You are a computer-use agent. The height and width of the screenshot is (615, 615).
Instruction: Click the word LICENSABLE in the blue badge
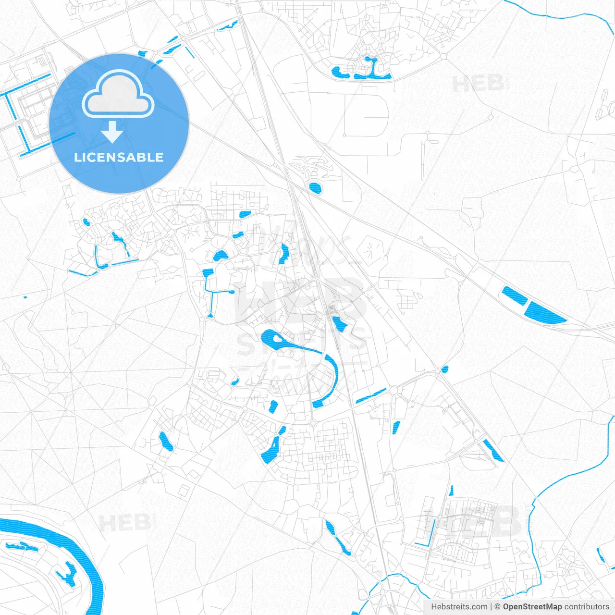point(119,158)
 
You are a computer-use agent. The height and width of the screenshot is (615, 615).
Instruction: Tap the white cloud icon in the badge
point(118,94)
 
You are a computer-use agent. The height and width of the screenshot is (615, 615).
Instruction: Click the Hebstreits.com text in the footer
point(459,607)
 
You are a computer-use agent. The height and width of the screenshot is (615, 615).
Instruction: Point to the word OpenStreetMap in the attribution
point(532,607)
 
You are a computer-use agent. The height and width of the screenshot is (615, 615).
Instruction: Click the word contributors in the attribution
point(587,607)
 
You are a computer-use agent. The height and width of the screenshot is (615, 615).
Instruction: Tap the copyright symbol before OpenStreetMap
point(498,607)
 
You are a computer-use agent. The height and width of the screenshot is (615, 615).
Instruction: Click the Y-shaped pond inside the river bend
point(66,574)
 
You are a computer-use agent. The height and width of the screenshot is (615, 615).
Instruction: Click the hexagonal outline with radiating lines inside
point(371,250)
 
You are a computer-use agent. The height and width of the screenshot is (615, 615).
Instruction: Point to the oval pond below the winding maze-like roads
point(315,187)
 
